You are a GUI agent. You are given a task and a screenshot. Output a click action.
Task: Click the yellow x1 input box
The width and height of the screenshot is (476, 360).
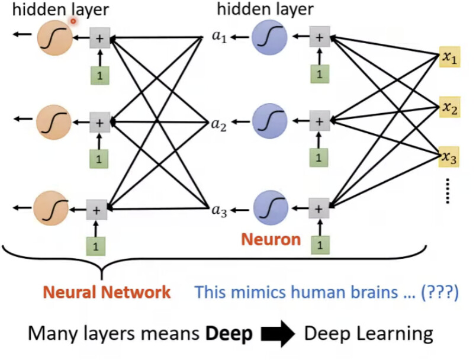(449, 57)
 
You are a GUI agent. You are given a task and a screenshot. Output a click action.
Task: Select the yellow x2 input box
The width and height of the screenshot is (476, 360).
(450, 107)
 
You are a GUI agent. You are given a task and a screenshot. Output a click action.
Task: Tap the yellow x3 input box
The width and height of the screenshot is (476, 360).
(449, 157)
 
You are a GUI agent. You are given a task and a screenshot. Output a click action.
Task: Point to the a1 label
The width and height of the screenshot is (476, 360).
(220, 37)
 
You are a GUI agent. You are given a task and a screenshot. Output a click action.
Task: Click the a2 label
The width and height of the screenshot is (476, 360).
(219, 125)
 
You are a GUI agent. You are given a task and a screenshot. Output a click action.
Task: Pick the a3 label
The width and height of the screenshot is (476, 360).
(219, 211)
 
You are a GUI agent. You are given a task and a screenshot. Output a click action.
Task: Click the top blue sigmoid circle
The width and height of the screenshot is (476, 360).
(269, 37)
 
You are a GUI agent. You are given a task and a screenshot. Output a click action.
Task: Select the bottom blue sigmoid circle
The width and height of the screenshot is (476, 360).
(271, 208)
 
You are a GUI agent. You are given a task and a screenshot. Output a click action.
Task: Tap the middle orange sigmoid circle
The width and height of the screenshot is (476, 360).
(54, 122)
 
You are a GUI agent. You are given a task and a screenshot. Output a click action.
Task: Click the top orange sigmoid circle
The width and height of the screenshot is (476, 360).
(55, 38)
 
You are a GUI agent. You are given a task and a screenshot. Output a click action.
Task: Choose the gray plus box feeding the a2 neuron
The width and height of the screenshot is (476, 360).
(319, 121)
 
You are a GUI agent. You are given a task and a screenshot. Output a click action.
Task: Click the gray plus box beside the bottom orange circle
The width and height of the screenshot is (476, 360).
(97, 210)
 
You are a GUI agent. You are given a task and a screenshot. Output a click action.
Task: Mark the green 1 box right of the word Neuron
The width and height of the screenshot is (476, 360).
(320, 245)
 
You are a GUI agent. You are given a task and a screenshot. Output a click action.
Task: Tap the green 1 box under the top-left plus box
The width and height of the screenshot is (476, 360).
(100, 75)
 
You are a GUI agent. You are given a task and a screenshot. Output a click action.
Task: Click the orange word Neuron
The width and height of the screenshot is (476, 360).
(271, 239)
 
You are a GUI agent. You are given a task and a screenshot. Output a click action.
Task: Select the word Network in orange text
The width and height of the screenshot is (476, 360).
(136, 292)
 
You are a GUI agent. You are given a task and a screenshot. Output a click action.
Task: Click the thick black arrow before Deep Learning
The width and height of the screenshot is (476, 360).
(278, 333)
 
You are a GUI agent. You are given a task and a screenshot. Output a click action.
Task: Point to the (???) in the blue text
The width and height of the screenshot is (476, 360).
(439, 292)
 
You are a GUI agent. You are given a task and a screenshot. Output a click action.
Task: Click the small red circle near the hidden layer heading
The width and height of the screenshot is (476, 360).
(73, 21)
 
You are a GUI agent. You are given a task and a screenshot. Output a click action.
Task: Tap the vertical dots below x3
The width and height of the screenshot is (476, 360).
(447, 191)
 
